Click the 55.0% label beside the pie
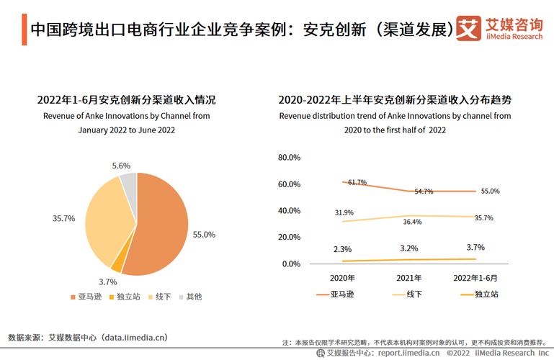[x=204, y=235]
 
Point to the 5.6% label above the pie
[x=121, y=166]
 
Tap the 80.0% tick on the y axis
[x=288, y=158]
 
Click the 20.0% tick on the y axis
[x=288, y=238]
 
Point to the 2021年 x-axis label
[x=409, y=277]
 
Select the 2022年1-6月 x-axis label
[x=475, y=277]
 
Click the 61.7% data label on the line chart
[x=357, y=183]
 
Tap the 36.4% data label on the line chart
[x=413, y=222]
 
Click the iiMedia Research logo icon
[x=468, y=29]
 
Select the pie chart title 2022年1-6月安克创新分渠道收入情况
[x=126, y=99]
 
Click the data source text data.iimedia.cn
[x=134, y=336]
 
